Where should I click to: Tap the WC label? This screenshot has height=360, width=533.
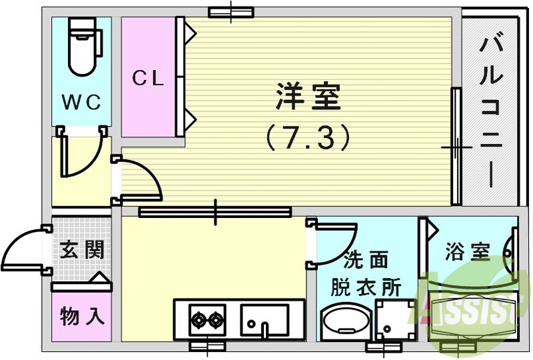[x=82, y=103]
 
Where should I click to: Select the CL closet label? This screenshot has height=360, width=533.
[x=148, y=79]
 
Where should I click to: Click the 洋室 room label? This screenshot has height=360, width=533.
[x=308, y=98]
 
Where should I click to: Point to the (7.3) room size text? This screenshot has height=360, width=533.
[x=308, y=138]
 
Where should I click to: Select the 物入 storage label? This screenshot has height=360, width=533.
[x=82, y=315]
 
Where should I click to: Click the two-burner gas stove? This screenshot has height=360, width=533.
[x=207, y=320]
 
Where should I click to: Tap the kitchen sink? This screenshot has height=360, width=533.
[x=265, y=320]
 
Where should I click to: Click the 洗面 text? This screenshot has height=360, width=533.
[x=366, y=260]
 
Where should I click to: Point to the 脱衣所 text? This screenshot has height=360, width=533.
[x=366, y=288]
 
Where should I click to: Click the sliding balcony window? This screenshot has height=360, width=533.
[x=456, y=147]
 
